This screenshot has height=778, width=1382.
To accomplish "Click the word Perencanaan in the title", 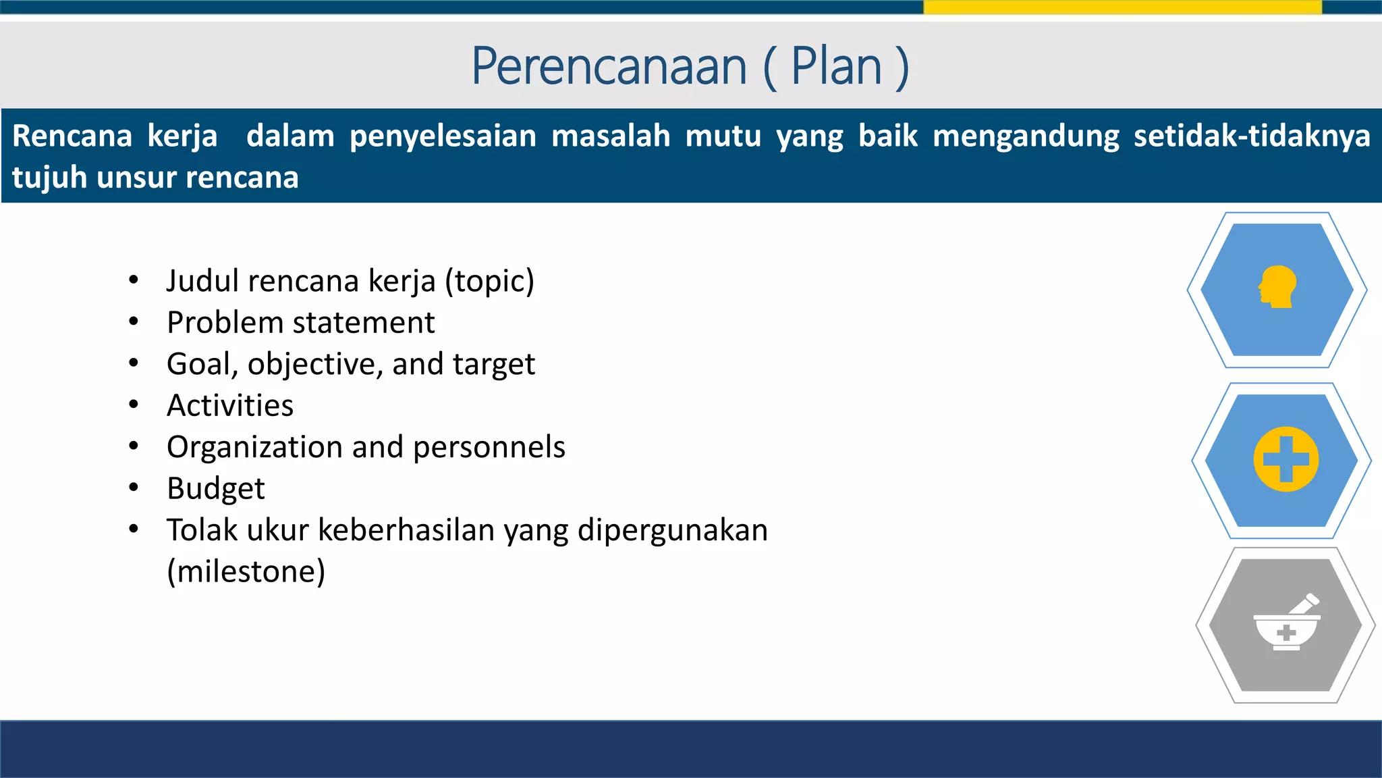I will [x=609, y=66].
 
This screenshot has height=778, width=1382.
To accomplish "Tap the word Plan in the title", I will [x=836, y=66].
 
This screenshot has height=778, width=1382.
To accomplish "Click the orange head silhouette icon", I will [x=1277, y=288].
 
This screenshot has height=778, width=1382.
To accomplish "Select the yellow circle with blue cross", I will [x=1286, y=460].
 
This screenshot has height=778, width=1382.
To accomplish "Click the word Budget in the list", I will [x=215, y=489].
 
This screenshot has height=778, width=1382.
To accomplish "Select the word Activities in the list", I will [x=230, y=406].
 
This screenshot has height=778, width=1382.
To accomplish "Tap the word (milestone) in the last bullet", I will [x=246, y=572].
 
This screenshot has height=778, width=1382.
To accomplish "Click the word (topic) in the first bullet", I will [x=489, y=281].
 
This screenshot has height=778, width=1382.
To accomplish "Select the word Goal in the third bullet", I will [x=198, y=364].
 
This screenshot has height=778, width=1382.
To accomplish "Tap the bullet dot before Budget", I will [x=134, y=487].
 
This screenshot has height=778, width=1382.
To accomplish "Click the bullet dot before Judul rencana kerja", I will [x=134, y=280].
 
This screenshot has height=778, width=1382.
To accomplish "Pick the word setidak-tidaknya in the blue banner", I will [x=1252, y=136].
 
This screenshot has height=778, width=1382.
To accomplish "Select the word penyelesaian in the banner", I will [x=443, y=136].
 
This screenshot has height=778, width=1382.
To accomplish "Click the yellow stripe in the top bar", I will [x=1122, y=7].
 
